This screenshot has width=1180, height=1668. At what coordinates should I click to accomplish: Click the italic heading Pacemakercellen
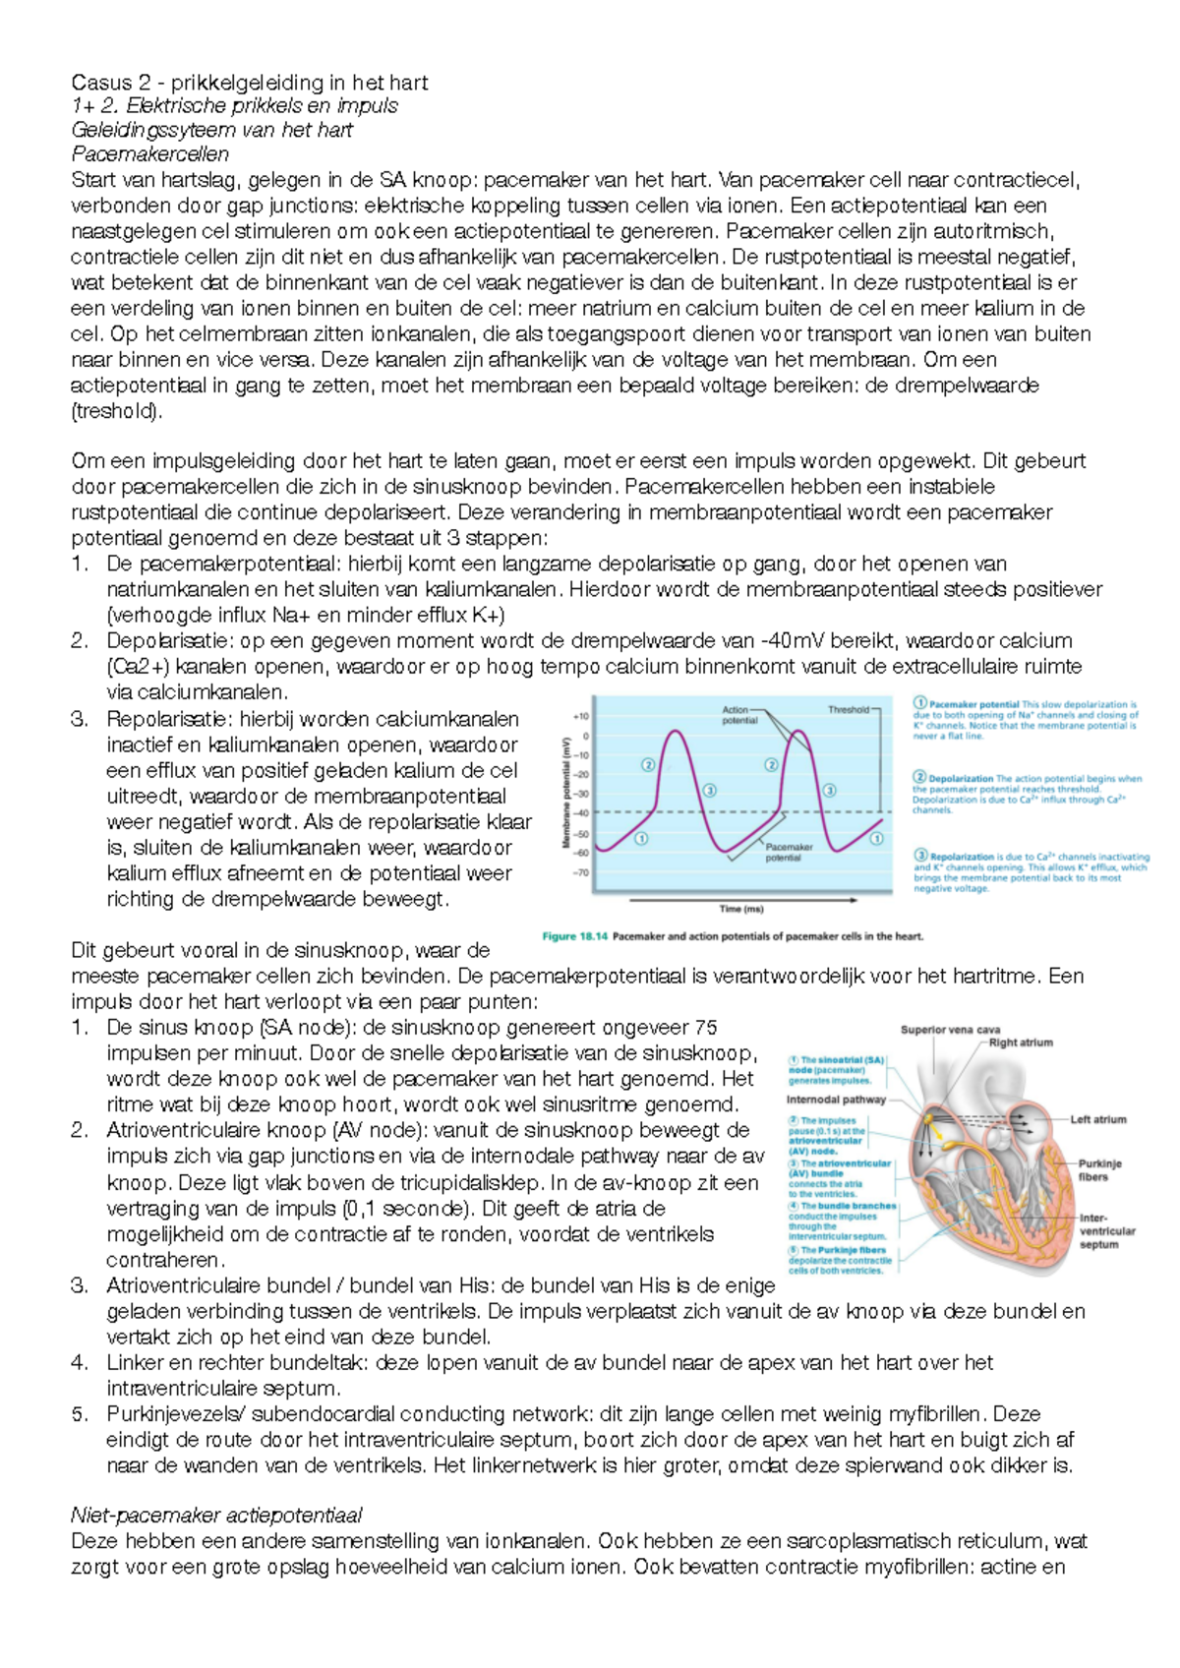point(149,154)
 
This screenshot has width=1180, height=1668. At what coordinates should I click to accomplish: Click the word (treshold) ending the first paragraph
point(116,411)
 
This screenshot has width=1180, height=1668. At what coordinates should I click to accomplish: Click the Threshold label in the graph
point(848,709)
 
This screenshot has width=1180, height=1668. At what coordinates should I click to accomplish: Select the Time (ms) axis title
point(741,909)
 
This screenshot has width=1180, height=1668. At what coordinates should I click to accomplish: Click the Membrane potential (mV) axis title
point(566,795)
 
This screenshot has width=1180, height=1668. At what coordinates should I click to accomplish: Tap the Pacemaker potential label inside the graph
point(789,852)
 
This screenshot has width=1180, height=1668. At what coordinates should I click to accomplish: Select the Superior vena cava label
point(950,1030)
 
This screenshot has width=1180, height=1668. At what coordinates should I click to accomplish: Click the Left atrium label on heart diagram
point(1097,1119)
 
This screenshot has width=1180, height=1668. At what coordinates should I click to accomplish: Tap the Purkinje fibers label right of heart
point(1099,1170)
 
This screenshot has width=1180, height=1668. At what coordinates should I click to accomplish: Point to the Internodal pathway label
point(836,1100)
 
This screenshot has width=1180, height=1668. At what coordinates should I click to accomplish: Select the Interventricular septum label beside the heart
point(1106,1231)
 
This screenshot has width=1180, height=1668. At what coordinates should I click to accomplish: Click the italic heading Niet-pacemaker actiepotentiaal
point(216,1516)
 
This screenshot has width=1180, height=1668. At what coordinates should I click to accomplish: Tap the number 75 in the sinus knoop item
point(705,1028)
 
